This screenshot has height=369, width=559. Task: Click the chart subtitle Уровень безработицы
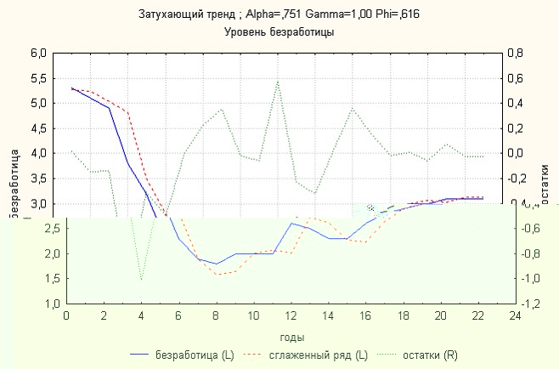(279, 31)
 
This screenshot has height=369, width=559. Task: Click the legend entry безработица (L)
(194, 355)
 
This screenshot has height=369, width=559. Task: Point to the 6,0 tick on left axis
(37, 53)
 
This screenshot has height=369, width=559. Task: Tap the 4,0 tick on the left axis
(37, 153)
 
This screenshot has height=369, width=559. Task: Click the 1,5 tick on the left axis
(37, 278)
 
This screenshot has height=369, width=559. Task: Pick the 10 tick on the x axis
(253, 315)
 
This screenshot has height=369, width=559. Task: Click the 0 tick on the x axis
(66, 315)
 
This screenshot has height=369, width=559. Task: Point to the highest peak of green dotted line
(278, 81)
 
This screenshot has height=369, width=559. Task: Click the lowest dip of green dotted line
(141, 280)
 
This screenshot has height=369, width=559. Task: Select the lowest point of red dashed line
(217, 275)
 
